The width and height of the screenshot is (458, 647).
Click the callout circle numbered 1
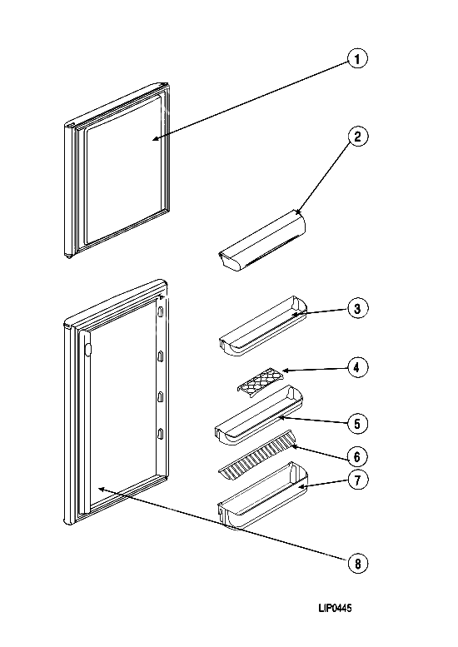pyautogui.click(x=357, y=59)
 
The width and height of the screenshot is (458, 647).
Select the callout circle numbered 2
pyautogui.click(x=357, y=137)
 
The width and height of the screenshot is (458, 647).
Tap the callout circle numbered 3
pyautogui.click(x=357, y=308)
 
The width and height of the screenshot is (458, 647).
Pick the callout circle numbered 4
pyautogui.click(x=357, y=367)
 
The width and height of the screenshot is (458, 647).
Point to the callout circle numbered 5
pyautogui.click(x=357, y=424)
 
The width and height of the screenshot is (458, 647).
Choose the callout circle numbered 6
pyautogui.click(x=357, y=457)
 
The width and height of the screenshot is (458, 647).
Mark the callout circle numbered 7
pyautogui.click(x=357, y=480)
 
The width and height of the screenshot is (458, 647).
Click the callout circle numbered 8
pyautogui.click(x=357, y=563)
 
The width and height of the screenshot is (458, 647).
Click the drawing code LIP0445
pyautogui.click(x=335, y=608)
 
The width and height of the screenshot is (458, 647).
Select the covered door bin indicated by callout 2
pyautogui.click(x=261, y=241)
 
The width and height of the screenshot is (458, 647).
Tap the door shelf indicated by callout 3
pyautogui.click(x=263, y=326)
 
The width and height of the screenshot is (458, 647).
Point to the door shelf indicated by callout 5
pyautogui.click(x=259, y=416)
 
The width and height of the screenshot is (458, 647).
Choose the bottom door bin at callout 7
pyautogui.click(x=263, y=495)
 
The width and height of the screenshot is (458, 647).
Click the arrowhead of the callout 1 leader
pyautogui.click(x=154, y=139)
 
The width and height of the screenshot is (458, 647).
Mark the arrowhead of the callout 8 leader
pyautogui.click(x=101, y=489)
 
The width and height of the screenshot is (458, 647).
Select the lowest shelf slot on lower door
pyautogui.click(x=161, y=434)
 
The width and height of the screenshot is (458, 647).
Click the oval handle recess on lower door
pyautogui.click(x=87, y=349)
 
